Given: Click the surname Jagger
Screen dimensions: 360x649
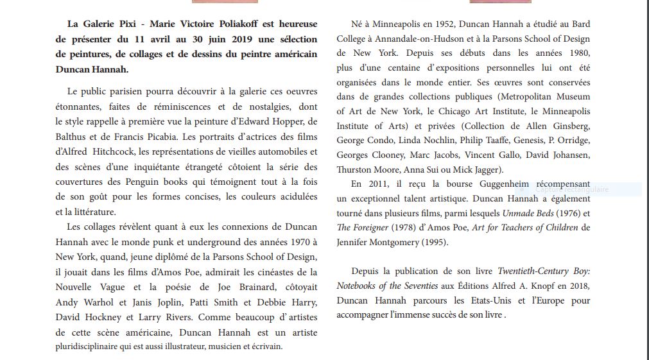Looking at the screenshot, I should [x=485, y=169].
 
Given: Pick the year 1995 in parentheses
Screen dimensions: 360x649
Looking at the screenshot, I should [x=433, y=242].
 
